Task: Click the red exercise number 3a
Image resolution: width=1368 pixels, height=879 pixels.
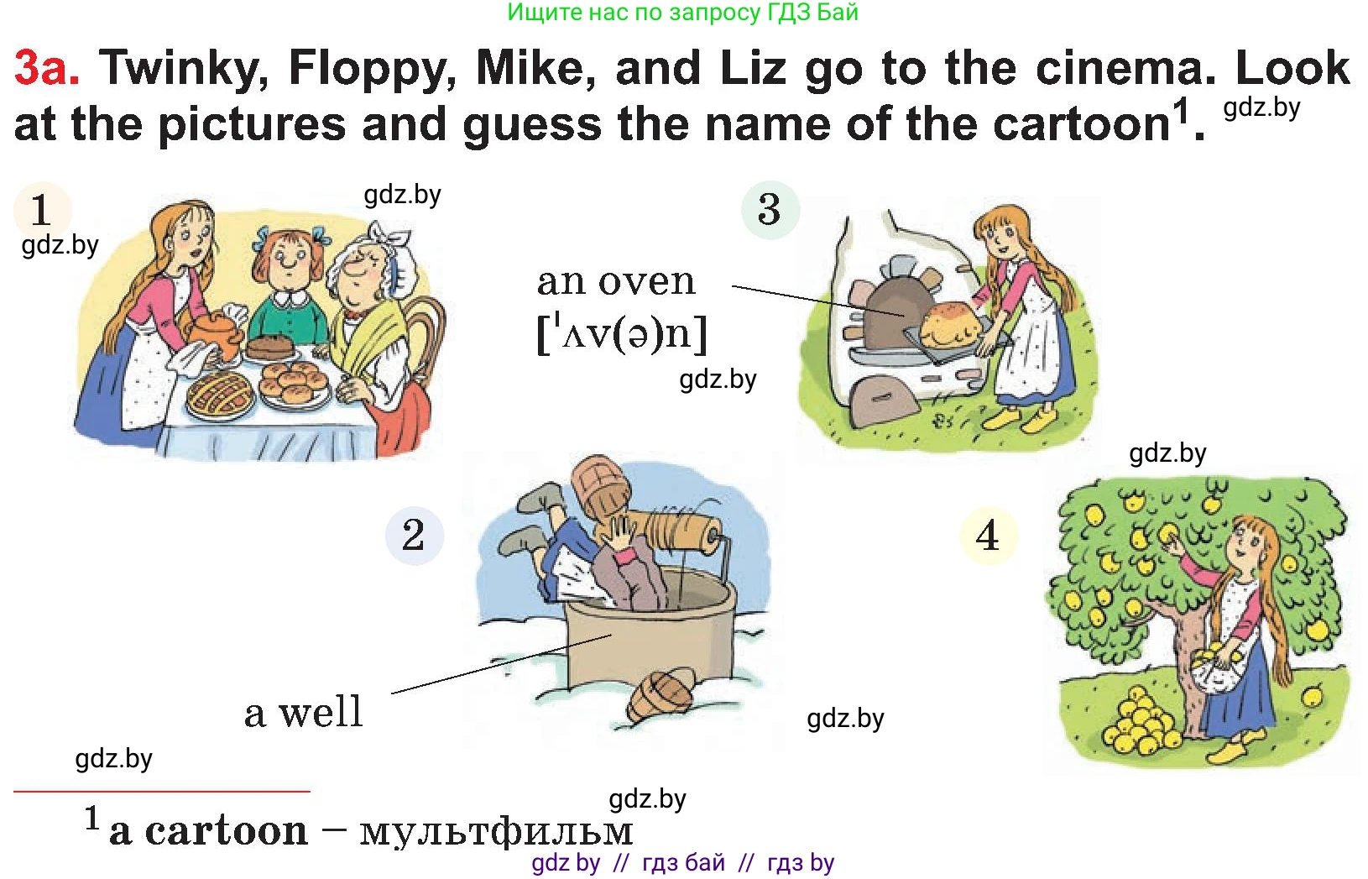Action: tap(47, 67)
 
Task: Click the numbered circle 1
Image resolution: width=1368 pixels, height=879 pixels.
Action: tap(41, 210)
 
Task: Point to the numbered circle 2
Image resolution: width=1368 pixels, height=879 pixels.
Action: tap(414, 536)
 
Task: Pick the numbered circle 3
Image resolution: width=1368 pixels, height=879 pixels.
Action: tap(770, 210)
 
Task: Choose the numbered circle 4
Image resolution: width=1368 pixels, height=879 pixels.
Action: tap(988, 536)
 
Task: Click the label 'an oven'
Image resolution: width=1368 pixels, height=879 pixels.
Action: tap(616, 282)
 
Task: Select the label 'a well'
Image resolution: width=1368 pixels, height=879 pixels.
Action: tap(304, 712)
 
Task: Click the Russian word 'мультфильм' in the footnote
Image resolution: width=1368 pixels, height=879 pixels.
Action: tap(496, 831)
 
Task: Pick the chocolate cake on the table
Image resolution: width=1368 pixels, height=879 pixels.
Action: tap(272, 347)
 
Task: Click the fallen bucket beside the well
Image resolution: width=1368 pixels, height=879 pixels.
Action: tap(661, 695)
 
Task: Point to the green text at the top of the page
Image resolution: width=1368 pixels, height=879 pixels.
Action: tap(683, 13)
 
